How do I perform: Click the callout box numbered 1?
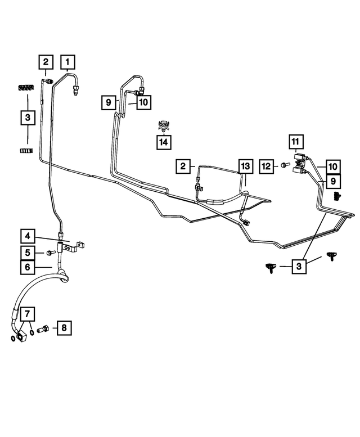[x=67, y=62]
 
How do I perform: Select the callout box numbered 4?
[x=28, y=236]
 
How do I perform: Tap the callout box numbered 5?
[x=28, y=253]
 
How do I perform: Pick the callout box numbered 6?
[x=28, y=267]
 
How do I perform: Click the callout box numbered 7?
[x=28, y=314]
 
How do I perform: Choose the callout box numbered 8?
[x=64, y=328]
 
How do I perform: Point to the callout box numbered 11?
[x=296, y=142]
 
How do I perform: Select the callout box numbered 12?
[x=267, y=166]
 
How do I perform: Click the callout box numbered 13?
[x=245, y=166]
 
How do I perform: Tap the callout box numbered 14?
[x=164, y=142]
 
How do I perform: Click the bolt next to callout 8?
[x=42, y=328]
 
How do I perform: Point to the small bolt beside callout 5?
[x=50, y=253]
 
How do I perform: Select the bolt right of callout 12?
[x=285, y=165]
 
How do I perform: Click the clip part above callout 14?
[x=164, y=125]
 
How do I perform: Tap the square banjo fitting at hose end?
[x=22, y=337]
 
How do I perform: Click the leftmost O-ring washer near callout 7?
[x=13, y=338]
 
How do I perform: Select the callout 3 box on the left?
[x=28, y=118]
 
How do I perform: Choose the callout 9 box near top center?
[x=109, y=102]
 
